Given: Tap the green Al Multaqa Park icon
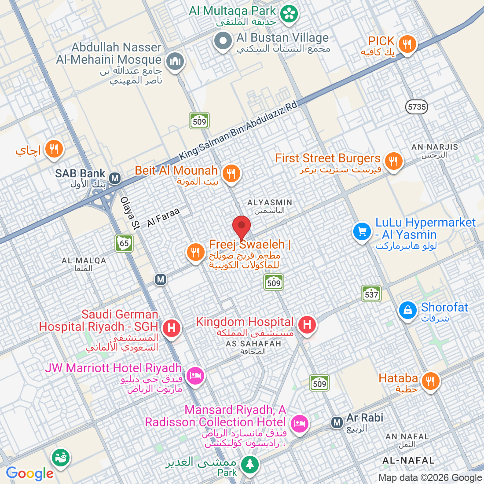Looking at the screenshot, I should [290, 13].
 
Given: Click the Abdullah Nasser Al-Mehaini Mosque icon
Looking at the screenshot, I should [175, 61].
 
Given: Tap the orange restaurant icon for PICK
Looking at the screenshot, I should [407, 44].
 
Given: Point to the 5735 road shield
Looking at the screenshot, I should [417, 107].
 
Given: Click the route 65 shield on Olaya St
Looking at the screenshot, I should [124, 243].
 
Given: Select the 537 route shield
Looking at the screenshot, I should [371, 294].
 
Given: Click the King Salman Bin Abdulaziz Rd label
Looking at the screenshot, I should [238, 131].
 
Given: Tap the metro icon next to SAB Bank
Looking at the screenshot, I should [115, 178].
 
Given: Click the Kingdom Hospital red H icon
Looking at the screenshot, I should [307, 325].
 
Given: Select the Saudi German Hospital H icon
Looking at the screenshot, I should [172, 328].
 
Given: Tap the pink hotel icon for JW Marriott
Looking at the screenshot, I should [195, 375].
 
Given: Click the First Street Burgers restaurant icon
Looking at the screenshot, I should [393, 161].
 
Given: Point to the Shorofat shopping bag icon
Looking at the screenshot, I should [407, 310].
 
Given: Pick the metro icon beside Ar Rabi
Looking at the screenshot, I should [337, 423].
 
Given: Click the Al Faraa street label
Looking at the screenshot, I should [163, 217].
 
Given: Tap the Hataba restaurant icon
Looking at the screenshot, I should [430, 381].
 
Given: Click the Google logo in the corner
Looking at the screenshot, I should [30, 473].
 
